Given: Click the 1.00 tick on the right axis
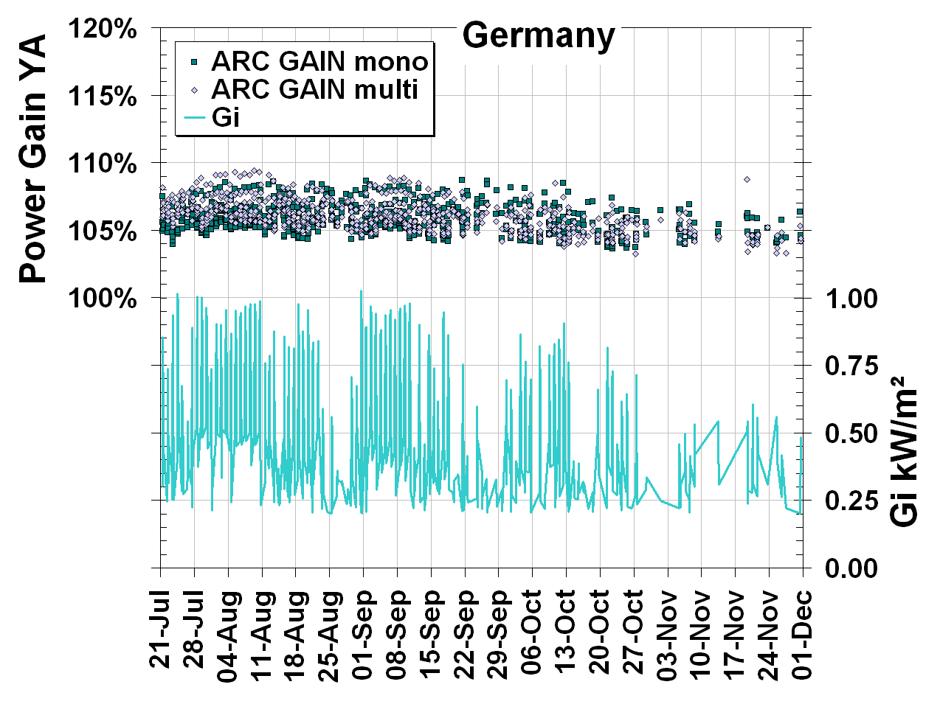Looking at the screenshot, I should pyautogui.click(x=851, y=299).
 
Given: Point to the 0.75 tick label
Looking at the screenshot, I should pyautogui.click(x=851, y=366).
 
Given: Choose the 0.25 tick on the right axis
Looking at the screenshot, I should pyautogui.click(x=851, y=501).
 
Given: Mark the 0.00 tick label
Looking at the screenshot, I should pyautogui.click(x=851, y=568).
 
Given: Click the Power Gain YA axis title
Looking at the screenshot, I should pyautogui.click(x=32, y=158).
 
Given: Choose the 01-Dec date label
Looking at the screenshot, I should pyautogui.click(x=803, y=631).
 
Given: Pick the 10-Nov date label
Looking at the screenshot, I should pyautogui.click(x=702, y=631).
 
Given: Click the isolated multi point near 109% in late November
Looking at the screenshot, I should pyautogui.click(x=747, y=179).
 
